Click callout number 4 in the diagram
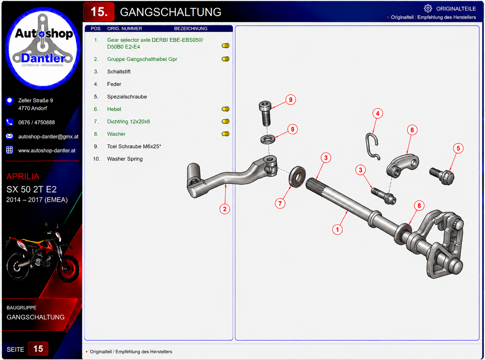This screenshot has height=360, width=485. (377, 113)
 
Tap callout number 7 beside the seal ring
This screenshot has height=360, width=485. (280, 203)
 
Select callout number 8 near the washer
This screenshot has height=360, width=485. (419, 205)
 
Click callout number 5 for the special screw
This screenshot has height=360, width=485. (458, 148)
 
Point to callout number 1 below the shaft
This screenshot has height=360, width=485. (337, 230)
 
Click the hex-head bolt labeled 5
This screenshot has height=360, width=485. (442, 176)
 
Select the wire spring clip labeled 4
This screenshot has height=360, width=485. (372, 146)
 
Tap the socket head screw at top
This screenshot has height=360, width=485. (265, 113)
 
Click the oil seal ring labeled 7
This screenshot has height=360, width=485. (297, 176)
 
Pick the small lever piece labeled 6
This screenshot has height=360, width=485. (402, 165)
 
